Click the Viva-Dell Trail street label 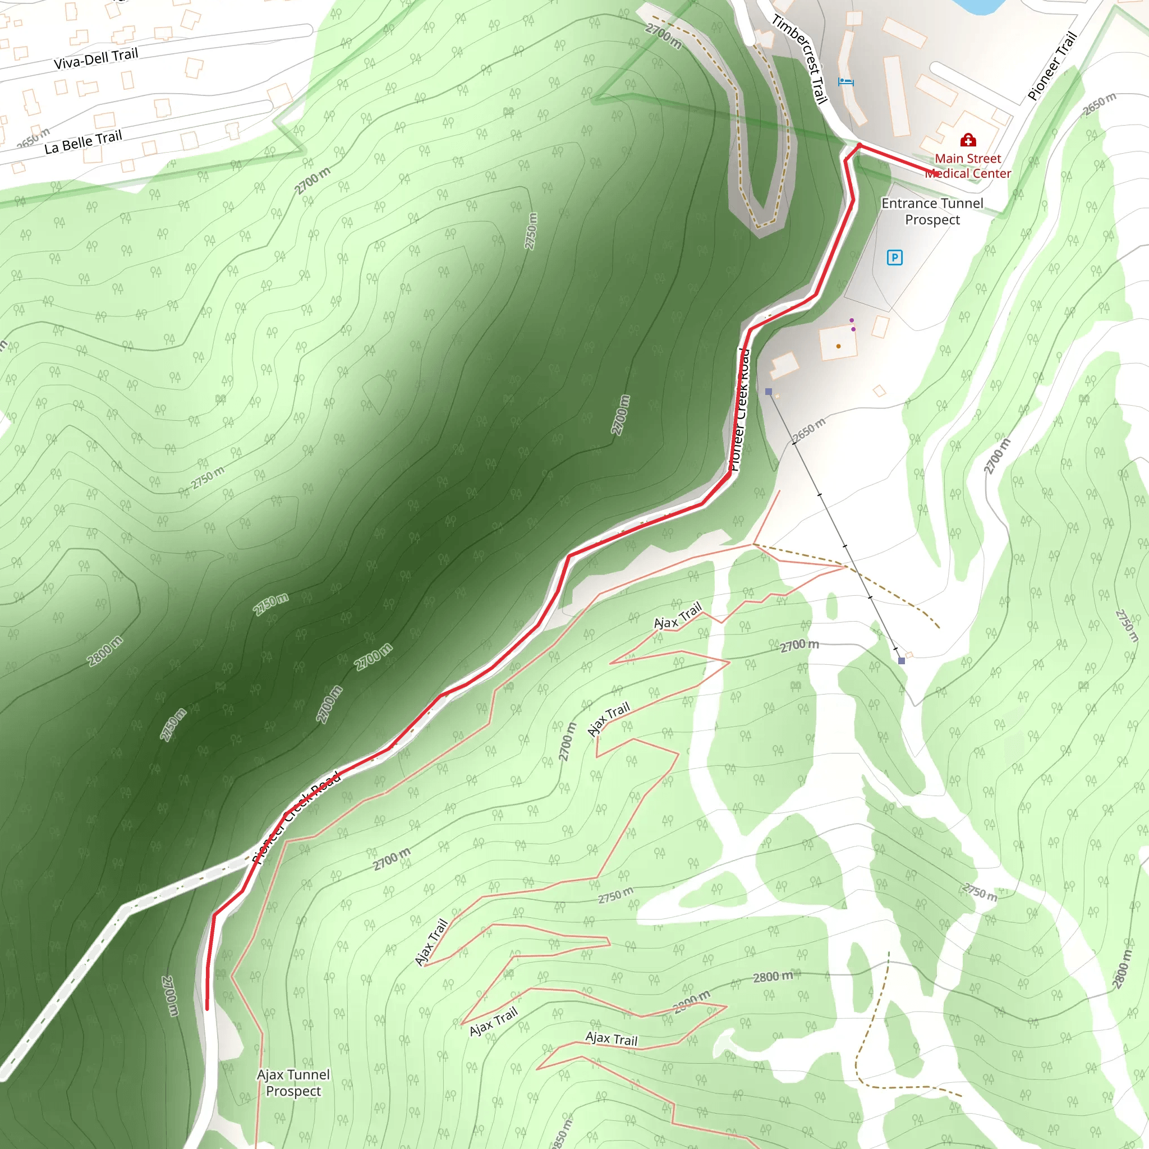click(x=96, y=58)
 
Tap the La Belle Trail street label click(x=83, y=141)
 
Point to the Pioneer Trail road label click(x=1053, y=66)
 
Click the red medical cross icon click(x=968, y=140)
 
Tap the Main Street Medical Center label click(x=968, y=166)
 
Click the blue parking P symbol click(x=894, y=258)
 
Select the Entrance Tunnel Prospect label click(x=932, y=211)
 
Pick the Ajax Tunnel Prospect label click(x=293, y=1082)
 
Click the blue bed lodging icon click(x=845, y=81)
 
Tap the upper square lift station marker click(x=769, y=392)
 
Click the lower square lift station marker click(x=902, y=661)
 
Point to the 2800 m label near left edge click(x=105, y=651)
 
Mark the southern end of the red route click(x=207, y=1009)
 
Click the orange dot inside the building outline click(x=839, y=346)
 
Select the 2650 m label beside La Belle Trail click(x=33, y=138)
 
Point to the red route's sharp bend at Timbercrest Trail click(x=859, y=146)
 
